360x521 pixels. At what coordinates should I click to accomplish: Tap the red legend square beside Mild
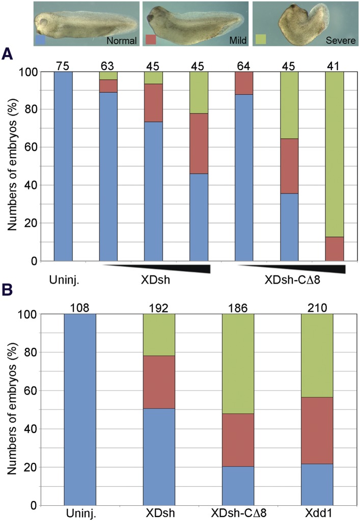coord(151,40)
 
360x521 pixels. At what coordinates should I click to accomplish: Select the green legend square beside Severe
coord(260,40)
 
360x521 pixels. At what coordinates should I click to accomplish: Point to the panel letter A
coord(7,53)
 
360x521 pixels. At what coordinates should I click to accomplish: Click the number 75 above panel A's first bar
coord(63,65)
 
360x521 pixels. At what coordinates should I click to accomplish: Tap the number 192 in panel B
coord(159,307)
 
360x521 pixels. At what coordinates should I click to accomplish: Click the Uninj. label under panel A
coord(63,280)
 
